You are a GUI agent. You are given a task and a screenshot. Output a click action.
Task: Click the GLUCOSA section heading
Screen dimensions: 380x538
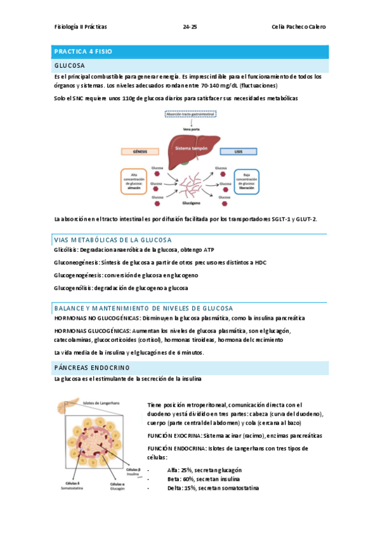pos(70,65)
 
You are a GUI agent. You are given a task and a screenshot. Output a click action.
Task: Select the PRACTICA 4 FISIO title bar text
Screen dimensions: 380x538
pos(83,51)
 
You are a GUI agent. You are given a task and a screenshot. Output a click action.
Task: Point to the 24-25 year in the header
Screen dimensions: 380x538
pos(190,27)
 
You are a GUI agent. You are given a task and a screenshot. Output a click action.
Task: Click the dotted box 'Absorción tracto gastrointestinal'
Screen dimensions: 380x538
pos(190,114)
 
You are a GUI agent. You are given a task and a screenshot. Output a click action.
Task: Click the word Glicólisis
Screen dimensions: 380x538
pos(67,250)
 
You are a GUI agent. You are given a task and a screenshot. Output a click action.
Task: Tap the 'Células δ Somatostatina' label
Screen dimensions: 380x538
pos(73,485)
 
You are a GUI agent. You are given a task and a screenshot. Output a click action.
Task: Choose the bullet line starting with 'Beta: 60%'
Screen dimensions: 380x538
pos(204,479)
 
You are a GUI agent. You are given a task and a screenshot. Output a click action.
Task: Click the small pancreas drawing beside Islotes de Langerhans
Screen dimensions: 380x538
pos(68,407)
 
